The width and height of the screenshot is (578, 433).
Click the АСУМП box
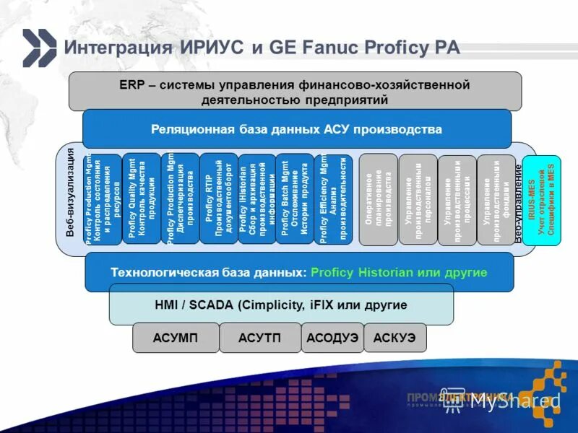[x=176, y=337]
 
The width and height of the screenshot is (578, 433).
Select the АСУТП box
[x=260, y=337]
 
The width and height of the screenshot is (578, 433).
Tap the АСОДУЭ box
[x=332, y=337]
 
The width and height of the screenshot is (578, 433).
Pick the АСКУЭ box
[x=395, y=337]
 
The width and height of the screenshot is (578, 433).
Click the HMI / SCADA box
[x=281, y=305]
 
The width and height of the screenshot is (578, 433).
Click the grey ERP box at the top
[x=295, y=92]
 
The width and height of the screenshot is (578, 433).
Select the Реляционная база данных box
[x=296, y=129]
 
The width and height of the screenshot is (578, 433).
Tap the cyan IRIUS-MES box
[x=541, y=199]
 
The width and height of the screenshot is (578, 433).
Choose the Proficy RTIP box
[x=218, y=198]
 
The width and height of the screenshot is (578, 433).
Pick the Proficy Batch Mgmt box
[x=295, y=198]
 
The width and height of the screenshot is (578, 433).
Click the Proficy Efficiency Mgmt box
[x=333, y=198]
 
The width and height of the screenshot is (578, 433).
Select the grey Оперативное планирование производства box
[x=379, y=198]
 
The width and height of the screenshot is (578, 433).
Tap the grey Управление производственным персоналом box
[x=418, y=199]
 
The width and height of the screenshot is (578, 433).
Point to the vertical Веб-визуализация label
[x=70, y=192]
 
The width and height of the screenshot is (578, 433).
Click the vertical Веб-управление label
[x=519, y=202]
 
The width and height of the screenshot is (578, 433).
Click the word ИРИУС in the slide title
[x=211, y=48]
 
